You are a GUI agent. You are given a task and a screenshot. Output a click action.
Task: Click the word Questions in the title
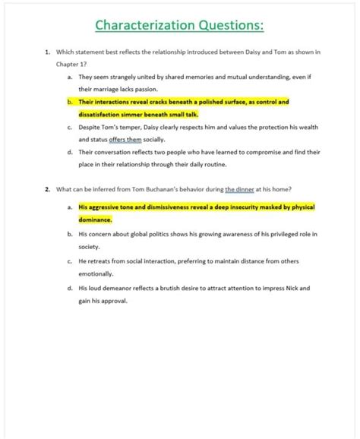tap(223, 25)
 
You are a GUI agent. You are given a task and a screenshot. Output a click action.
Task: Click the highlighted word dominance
tap(95, 219)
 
